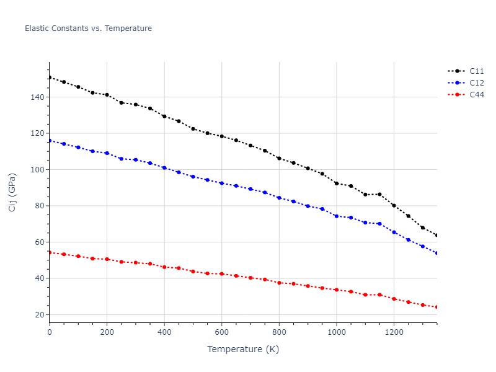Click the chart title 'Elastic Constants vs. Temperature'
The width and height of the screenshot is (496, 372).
(x=88, y=29)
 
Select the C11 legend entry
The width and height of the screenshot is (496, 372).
(x=476, y=71)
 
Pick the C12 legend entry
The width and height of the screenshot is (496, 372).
(x=476, y=82)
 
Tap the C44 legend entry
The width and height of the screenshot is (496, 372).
(x=476, y=94)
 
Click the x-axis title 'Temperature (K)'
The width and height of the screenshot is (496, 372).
(x=243, y=349)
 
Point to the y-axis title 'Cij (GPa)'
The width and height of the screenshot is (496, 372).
(x=12, y=192)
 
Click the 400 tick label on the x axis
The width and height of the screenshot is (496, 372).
(x=164, y=332)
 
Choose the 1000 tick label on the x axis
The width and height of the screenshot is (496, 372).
(x=337, y=332)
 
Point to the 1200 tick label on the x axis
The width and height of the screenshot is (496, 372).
(x=394, y=332)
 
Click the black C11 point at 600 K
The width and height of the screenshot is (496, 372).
(x=222, y=136)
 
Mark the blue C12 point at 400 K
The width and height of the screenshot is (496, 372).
(x=164, y=167)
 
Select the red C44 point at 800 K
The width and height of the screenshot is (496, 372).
(x=279, y=283)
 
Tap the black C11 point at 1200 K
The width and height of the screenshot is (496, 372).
(x=394, y=205)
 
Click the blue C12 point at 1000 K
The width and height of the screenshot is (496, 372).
(x=337, y=216)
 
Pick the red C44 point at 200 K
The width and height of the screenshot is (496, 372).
(x=107, y=259)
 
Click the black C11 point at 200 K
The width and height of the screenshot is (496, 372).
(x=107, y=95)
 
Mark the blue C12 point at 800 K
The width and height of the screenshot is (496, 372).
(x=279, y=198)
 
